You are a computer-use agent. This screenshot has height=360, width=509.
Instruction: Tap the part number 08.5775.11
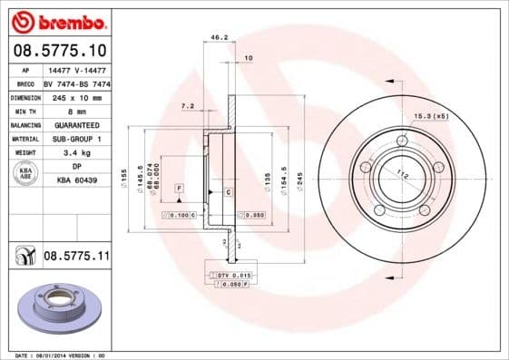tap(76, 257)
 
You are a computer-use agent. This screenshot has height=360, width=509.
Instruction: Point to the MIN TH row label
tap(24, 111)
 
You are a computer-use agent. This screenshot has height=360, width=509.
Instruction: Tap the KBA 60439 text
tap(76, 181)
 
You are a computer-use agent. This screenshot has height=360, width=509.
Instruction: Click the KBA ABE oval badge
tap(24, 174)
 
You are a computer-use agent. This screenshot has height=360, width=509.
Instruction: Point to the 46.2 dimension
tap(218, 38)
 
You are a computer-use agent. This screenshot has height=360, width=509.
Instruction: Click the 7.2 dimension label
tap(188, 106)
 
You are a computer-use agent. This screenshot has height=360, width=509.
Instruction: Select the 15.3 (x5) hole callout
tap(432, 116)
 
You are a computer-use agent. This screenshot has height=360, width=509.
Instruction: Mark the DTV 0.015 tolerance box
tap(233, 274)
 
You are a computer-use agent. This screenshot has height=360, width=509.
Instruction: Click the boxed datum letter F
tap(180, 187)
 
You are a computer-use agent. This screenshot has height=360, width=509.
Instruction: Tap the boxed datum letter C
tap(228, 193)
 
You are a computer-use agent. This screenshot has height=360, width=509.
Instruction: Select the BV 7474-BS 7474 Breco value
tap(76, 83)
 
